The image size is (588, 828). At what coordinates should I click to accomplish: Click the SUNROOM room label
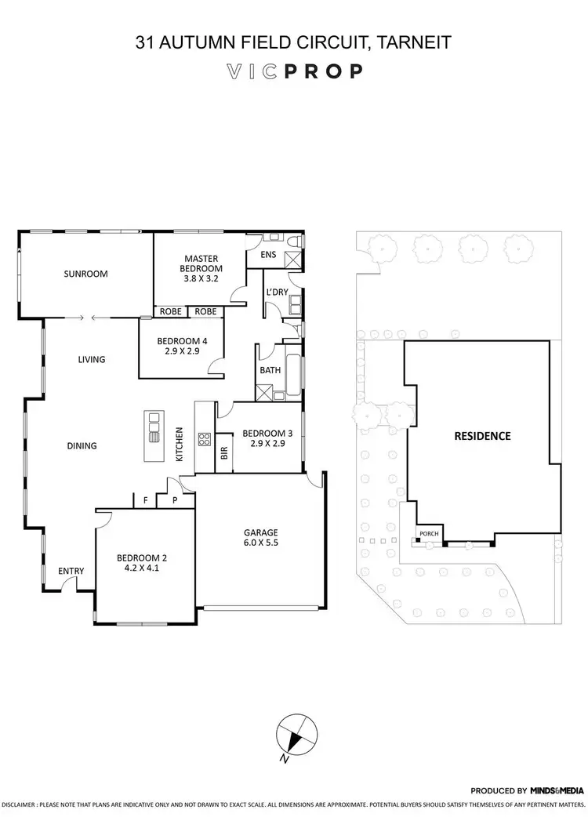(85, 274)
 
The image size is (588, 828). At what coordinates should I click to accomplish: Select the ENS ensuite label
(267, 255)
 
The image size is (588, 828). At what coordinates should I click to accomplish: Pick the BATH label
(267, 370)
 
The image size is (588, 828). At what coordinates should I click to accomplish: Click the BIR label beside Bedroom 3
(224, 452)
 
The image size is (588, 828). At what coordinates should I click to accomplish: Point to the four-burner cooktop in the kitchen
(205, 439)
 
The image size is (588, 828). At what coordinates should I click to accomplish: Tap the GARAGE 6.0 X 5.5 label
(261, 537)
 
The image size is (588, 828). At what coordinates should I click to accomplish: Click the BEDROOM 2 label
(142, 564)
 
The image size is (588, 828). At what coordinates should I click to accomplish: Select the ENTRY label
(71, 572)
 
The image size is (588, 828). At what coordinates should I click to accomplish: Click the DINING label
(82, 446)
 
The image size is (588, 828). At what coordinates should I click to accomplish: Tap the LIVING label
(91, 360)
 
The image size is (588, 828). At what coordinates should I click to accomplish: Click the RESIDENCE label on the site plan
(482, 436)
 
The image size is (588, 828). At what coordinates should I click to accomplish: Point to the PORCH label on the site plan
(428, 535)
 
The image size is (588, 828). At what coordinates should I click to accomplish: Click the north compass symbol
(296, 734)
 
